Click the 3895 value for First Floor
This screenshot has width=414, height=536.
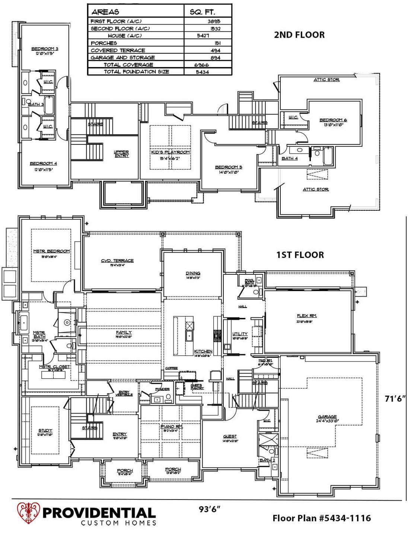[214, 22]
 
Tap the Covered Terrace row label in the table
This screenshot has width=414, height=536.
[118, 50]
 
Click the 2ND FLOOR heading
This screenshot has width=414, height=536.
[299, 35]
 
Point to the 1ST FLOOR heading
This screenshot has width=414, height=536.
[300, 255]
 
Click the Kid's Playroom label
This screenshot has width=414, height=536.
[171, 152]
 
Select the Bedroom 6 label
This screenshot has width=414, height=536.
[333, 120]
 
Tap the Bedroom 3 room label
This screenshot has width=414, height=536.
[45, 49]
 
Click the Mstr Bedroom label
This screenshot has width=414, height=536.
[51, 251]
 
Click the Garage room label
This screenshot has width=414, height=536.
[327, 417]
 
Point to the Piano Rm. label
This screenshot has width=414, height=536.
[171, 426]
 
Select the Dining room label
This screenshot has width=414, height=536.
[193, 273]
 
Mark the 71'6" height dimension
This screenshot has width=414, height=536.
[395, 399]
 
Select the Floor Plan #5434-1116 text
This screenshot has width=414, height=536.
[321, 518]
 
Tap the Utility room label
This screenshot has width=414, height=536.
[240, 334]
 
